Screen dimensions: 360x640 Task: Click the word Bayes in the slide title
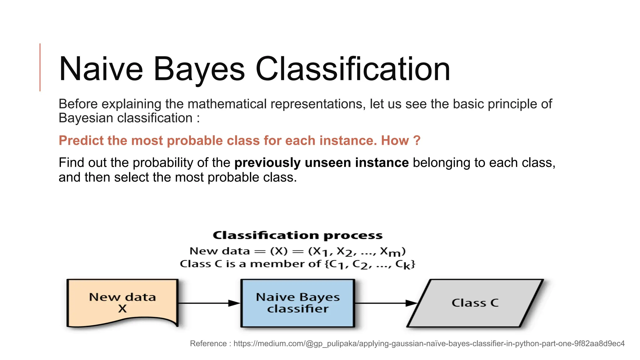[x=199, y=69]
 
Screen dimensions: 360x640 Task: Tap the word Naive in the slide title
[x=101, y=69]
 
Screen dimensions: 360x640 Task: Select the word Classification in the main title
[x=352, y=69]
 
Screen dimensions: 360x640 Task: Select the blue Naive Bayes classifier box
[x=297, y=303]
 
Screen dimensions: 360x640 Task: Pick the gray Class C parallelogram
[x=475, y=303]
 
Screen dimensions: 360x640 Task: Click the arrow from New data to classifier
[x=209, y=303]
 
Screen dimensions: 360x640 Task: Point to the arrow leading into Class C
[x=386, y=303]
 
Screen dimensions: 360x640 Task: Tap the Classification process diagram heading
[x=297, y=235]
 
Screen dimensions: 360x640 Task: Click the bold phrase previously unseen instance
[x=321, y=163]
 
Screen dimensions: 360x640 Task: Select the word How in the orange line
[x=395, y=141]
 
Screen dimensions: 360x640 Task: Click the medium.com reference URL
[x=429, y=343]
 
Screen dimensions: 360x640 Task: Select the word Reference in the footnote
[x=208, y=343]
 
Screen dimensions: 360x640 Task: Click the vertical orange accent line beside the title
[x=40, y=67]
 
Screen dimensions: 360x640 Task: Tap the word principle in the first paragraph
[x=512, y=104]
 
